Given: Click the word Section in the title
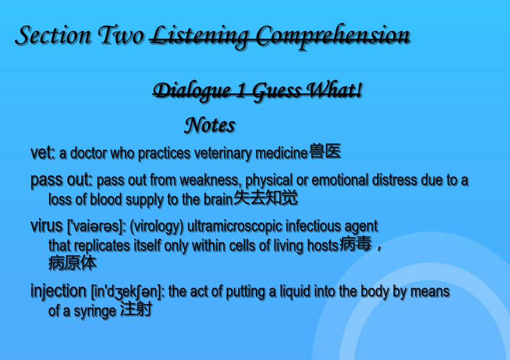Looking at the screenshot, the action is pos(53,35).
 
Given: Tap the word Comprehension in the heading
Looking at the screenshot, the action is pos(333,36).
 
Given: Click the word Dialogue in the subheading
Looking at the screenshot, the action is pos(192,91).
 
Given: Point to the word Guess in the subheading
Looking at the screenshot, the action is pos(277,91).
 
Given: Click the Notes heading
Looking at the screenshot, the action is pos(210,125).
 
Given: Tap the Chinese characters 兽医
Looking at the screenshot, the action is pos(325,151).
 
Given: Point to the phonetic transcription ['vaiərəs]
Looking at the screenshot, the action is pos(96,226).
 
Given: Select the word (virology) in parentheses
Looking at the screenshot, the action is pos(157,227).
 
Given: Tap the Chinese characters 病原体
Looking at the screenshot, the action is pos(72,263).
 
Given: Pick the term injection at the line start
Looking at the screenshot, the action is pos(58,291).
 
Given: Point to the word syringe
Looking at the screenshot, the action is pos(95,311).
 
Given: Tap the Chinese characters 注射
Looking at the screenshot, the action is pos(136,309).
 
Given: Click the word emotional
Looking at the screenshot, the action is pos(340,180).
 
